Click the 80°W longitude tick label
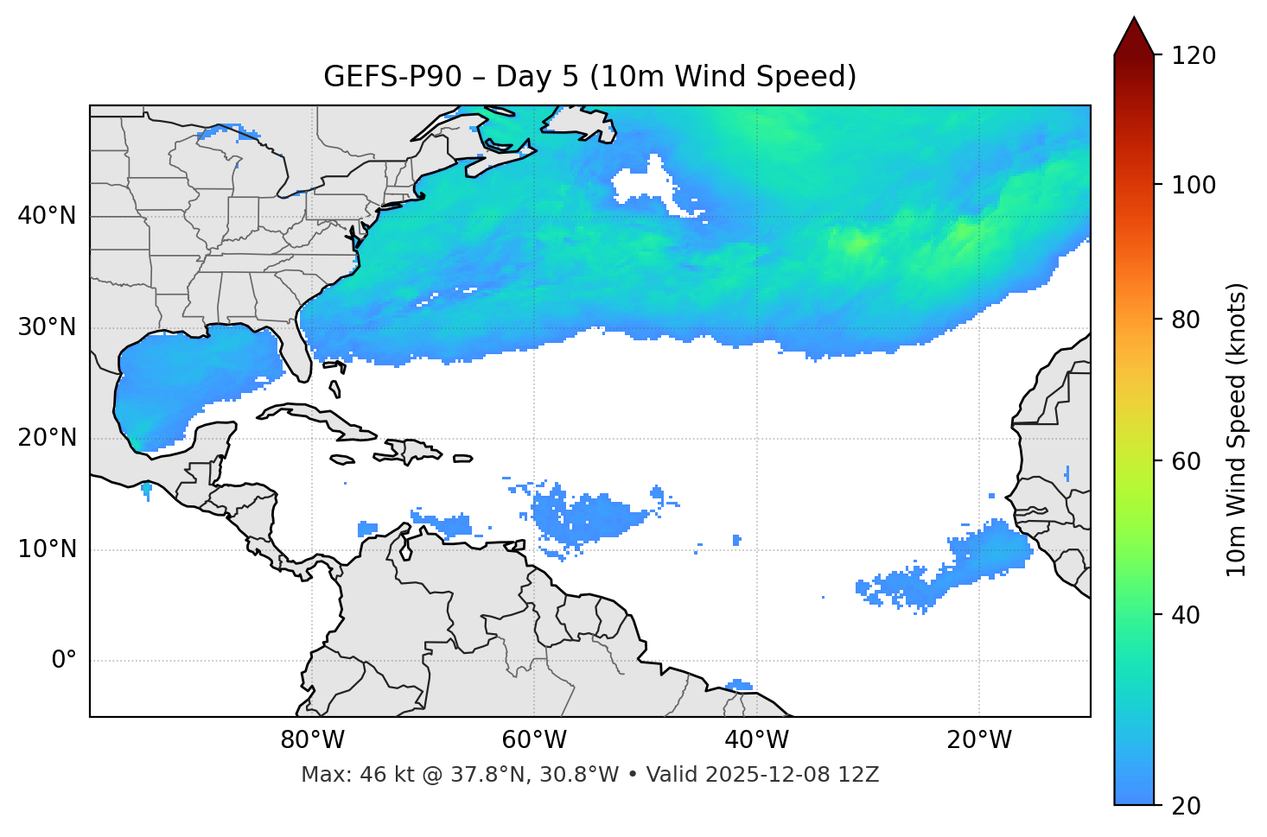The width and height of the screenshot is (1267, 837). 312,740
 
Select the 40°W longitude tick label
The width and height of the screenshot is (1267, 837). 756,740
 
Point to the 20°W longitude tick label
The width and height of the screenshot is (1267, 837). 978,740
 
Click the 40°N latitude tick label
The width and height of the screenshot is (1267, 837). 48,216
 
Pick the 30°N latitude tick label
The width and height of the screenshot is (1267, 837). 48,327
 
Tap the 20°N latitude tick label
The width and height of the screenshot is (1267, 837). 48,438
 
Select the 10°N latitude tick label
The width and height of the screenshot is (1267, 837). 48,549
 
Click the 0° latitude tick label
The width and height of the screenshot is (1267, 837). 64,661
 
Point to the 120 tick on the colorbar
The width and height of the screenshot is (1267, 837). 1194,56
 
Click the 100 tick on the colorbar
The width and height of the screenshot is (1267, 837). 1194,185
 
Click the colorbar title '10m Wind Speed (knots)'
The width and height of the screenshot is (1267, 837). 1237,429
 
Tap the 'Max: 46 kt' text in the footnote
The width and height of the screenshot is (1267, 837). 345,775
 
